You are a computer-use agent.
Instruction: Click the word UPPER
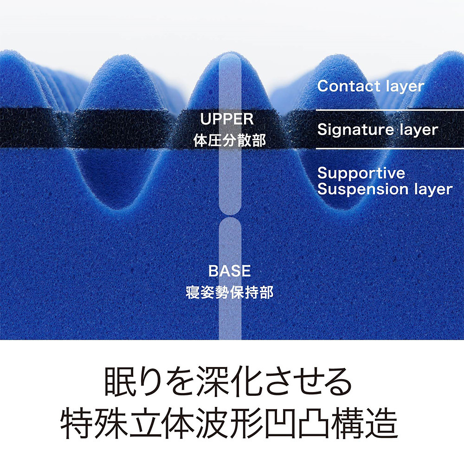pyautogui.click(x=227, y=119)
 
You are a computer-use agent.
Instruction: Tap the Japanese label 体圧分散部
pyautogui.click(x=230, y=140)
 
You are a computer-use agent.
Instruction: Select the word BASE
pyautogui.click(x=230, y=271)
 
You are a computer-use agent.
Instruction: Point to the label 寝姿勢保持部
pyautogui.click(x=230, y=292)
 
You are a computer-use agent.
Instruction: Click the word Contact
pyautogui.click(x=344, y=86)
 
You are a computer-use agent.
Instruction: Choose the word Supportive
pyautogui.click(x=361, y=174)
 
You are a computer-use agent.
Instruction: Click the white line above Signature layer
pyautogui.click(x=390, y=110)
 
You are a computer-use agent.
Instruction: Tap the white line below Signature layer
pyautogui.click(x=390, y=148)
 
